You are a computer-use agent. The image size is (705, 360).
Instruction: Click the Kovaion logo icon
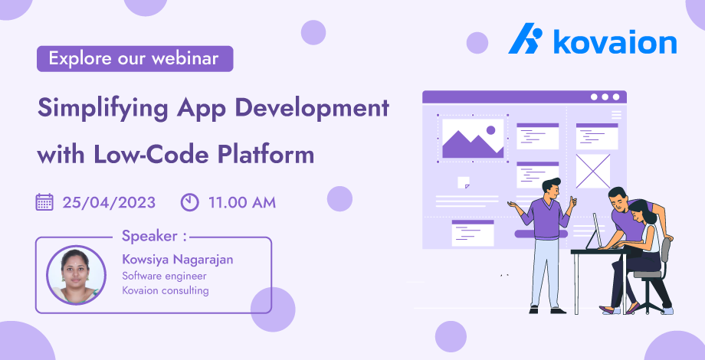pyautogui.click(x=526, y=41)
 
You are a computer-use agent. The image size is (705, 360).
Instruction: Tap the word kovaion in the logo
pyautogui.click(x=615, y=42)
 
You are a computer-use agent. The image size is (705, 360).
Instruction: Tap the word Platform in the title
pyautogui.click(x=274, y=154)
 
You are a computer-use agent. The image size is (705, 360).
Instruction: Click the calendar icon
pyautogui.click(x=44, y=202)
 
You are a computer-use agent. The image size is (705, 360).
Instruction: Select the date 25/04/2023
pyautogui.click(x=109, y=203)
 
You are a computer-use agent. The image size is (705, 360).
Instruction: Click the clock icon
pyautogui.click(x=189, y=202)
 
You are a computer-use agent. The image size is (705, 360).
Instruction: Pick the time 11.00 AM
pyautogui.click(x=242, y=203)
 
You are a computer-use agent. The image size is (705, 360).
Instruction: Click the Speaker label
pyautogui.click(x=154, y=235)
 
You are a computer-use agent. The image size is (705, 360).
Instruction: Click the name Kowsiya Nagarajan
pyautogui.click(x=178, y=260)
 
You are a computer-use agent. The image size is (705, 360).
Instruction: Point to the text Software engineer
pyautogui.click(x=164, y=276)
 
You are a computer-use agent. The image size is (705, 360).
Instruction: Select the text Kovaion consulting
pyautogui.click(x=166, y=290)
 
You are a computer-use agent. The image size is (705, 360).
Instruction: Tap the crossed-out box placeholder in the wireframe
pyautogui.click(x=593, y=171)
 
